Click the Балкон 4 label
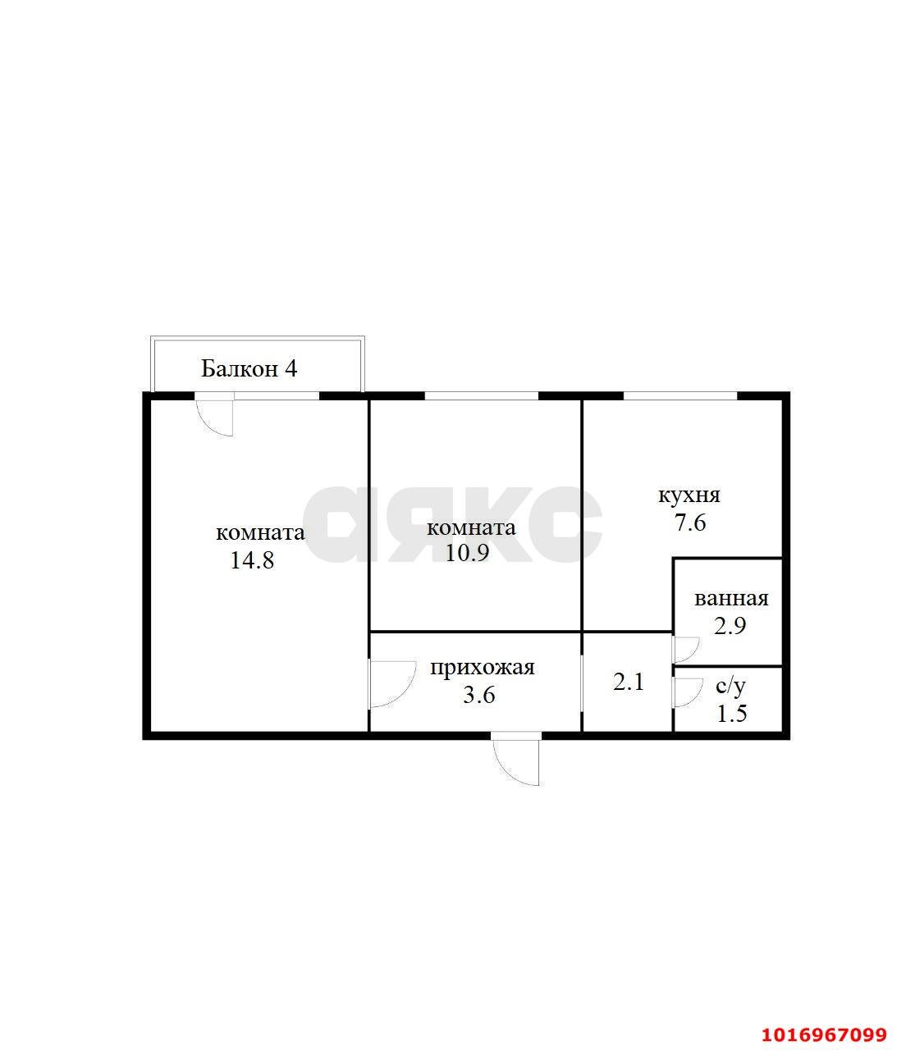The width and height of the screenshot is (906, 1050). [x=249, y=369]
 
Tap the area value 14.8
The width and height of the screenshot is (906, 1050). [x=252, y=560]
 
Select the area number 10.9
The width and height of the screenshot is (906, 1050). [x=467, y=553]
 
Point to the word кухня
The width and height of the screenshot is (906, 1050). [x=689, y=495]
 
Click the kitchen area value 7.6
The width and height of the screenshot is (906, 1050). [x=690, y=523]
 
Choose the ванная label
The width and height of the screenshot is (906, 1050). [x=731, y=599]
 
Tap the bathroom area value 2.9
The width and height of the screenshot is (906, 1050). [x=730, y=627]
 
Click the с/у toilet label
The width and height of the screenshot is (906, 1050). [x=730, y=687]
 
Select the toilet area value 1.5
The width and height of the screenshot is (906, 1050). [x=732, y=714]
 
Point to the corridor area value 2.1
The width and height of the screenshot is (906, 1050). [x=629, y=682]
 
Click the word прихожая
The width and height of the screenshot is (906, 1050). [x=483, y=668]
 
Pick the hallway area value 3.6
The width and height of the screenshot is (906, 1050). [x=479, y=695]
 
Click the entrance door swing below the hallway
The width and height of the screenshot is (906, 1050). [x=515, y=759]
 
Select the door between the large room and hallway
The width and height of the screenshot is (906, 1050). [x=392, y=684]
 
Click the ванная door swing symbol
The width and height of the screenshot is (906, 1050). [x=687, y=650]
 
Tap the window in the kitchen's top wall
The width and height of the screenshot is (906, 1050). [x=680, y=395]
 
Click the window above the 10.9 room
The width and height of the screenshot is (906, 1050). [x=481, y=395]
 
